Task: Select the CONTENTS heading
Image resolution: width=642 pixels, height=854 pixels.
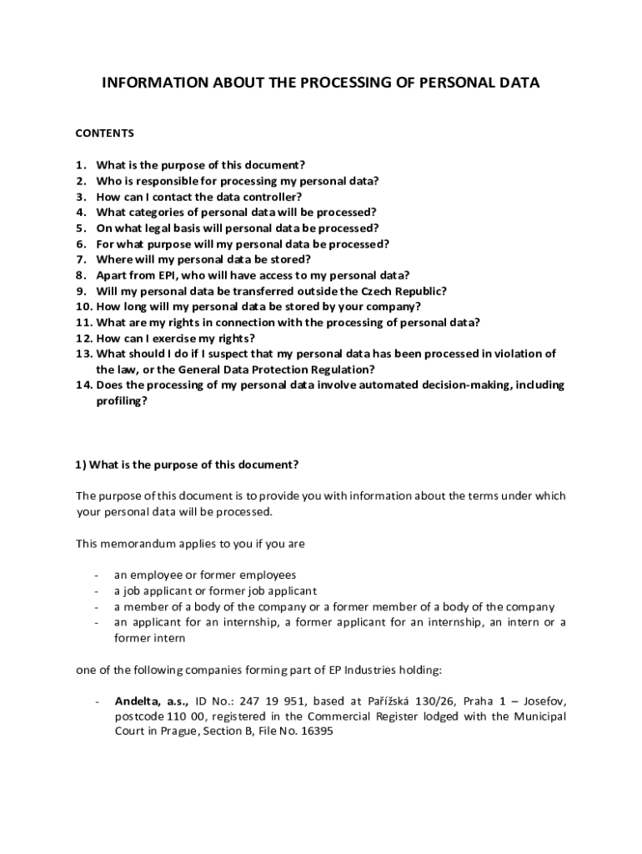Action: (x=105, y=133)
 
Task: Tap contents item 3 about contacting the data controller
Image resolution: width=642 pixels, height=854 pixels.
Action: (x=199, y=197)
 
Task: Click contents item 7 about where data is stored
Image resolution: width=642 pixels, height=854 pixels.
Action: (x=203, y=259)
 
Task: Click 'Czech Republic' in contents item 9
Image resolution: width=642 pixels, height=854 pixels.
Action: (x=404, y=291)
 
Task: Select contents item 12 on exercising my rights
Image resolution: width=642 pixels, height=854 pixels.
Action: (x=176, y=338)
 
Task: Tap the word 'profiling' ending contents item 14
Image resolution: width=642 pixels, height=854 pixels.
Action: (x=122, y=400)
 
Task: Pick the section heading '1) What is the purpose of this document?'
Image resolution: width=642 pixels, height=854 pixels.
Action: (x=187, y=465)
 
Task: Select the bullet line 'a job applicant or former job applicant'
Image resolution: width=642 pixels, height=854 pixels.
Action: (x=215, y=590)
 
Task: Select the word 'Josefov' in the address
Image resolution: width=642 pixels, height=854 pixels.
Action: (x=544, y=701)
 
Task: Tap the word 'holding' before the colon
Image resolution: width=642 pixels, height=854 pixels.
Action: (x=409, y=669)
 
